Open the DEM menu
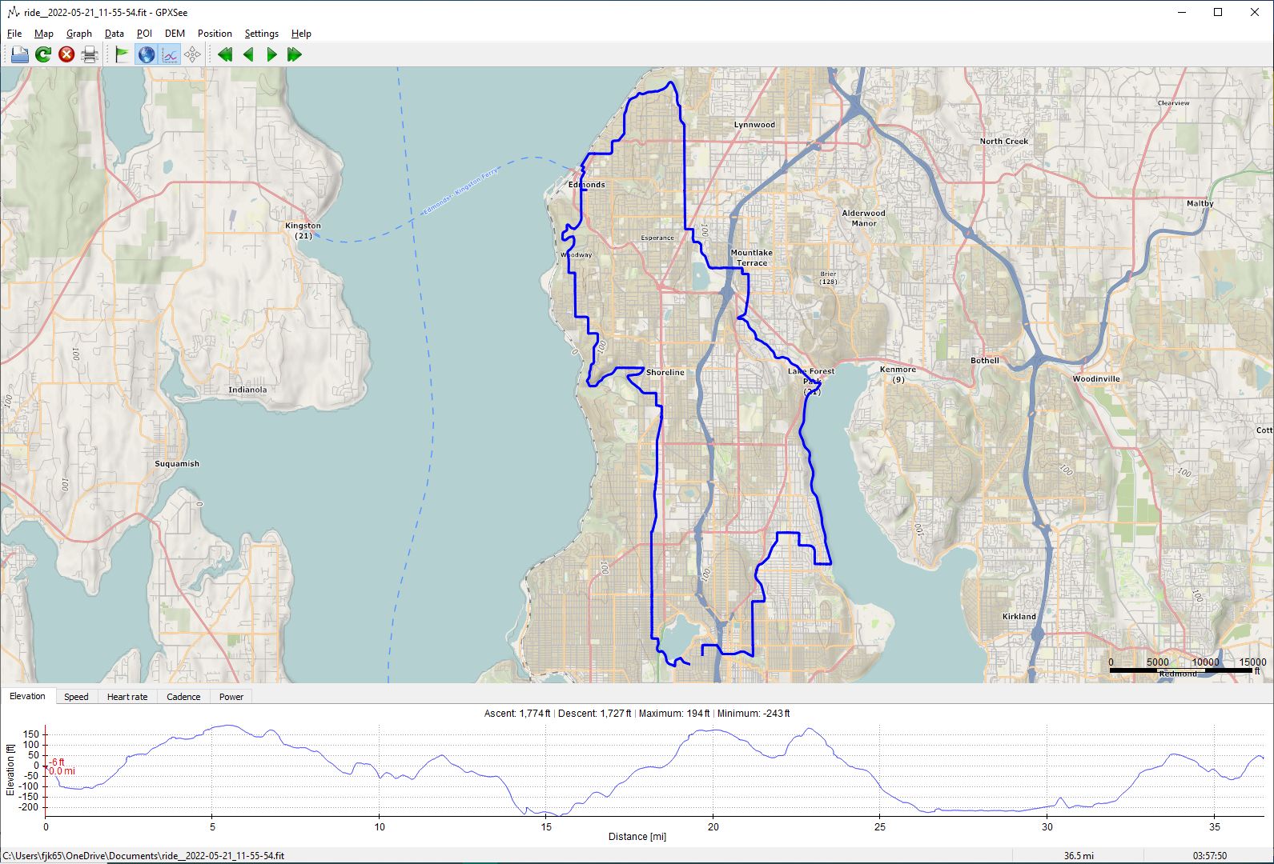click(x=175, y=34)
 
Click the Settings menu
click(x=261, y=34)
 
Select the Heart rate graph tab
click(x=127, y=697)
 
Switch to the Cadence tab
click(x=183, y=697)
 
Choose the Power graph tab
click(x=231, y=697)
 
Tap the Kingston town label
click(x=303, y=226)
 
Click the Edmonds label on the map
click(x=587, y=185)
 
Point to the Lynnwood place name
click(x=754, y=125)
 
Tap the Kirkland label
click(x=1019, y=617)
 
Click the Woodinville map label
click(x=1096, y=379)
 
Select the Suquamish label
click(x=177, y=464)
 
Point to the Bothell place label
click(x=985, y=361)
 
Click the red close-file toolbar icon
click(x=66, y=54)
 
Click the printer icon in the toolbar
click(x=90, y=54)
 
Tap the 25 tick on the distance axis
click(x=880, y=827)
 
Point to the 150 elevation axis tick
click(x=31, y=734)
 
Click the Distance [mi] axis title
click(x=637, y=837)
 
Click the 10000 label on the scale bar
click(x=1205, y=662)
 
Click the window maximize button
click(x=1218, y=12)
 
